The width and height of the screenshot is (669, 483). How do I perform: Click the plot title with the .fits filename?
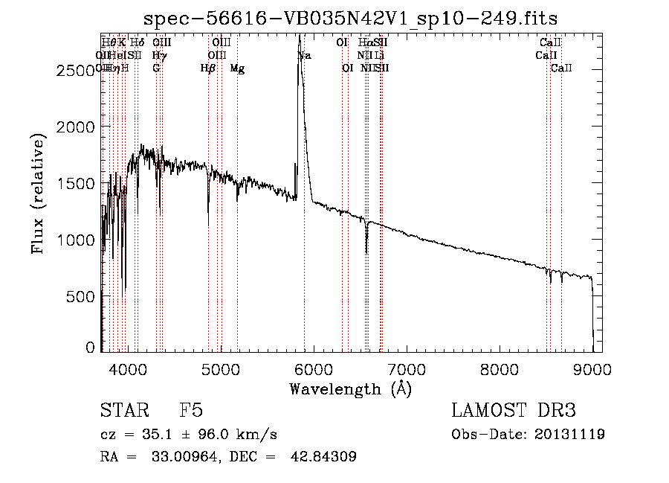click(x=350, y=17)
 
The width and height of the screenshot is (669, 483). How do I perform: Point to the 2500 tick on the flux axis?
click(x=76, y=70)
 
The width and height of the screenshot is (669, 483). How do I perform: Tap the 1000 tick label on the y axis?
click(x=76, y=240)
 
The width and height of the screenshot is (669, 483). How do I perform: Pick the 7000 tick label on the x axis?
click(x=407, y=368)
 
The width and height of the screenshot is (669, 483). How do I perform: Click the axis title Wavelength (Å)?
click(x=350, y=388)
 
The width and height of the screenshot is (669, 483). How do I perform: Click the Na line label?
click(x=304, y=56)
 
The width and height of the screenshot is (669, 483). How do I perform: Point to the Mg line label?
click(x=237, y=68)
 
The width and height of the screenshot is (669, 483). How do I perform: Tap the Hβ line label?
click(x=208, y=68)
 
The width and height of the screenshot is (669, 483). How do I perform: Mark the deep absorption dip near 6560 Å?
click(x=366, y=250)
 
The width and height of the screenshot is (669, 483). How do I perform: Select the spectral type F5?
click(x=191, y=411)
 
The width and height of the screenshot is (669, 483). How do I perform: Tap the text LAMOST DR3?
click(x=514, y=411)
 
